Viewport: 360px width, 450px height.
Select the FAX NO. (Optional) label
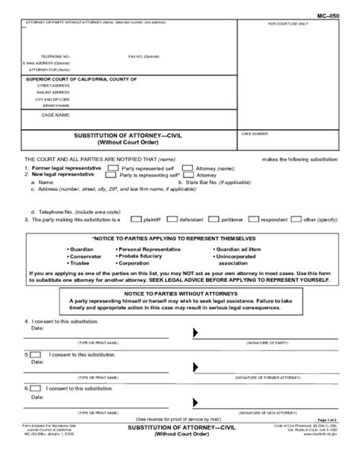[144, 57]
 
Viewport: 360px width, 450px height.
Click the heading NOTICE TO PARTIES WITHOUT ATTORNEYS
[180, 293]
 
